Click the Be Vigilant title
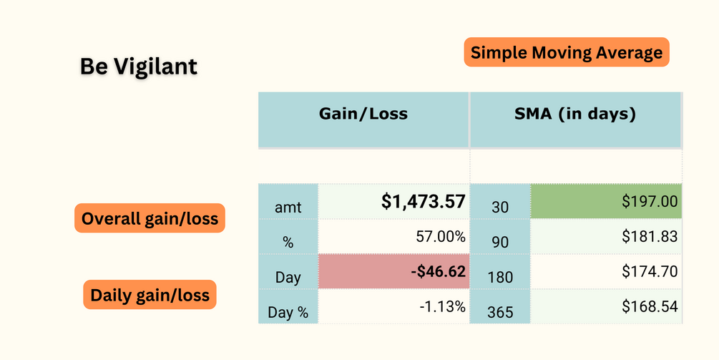tap(139, 67)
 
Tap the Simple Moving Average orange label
tap(567, 52)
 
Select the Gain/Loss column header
tap(363, 114)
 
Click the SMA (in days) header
tap(575, 114)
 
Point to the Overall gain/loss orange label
tap(150, 218)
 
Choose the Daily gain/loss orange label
tap(150, 294)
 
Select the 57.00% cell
tap(441, 236)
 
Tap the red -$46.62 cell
tap(393, 272)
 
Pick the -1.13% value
tap(442, 307)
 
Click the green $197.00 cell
tap(606, 202)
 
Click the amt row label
tap(288, 208)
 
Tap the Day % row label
tap(288, 313)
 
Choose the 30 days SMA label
tap(500, 208)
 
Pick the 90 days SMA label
tap(500, 243)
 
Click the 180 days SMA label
tap(500, 277)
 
